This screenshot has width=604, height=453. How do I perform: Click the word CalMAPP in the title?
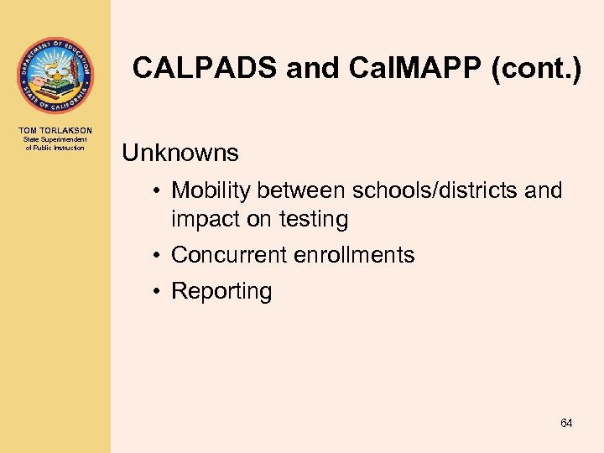401,68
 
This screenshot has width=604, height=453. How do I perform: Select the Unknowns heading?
180,153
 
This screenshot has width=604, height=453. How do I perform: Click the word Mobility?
211,191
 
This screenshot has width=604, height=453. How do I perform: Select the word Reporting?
221,291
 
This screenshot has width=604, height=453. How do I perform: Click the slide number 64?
566,424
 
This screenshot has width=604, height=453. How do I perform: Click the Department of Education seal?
55,75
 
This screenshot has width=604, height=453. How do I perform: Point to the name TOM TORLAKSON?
55,131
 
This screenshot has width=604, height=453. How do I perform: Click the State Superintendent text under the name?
55,140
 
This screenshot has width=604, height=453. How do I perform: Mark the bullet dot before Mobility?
158,191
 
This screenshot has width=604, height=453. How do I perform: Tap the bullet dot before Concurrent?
158,255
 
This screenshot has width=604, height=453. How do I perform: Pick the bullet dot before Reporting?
158,291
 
